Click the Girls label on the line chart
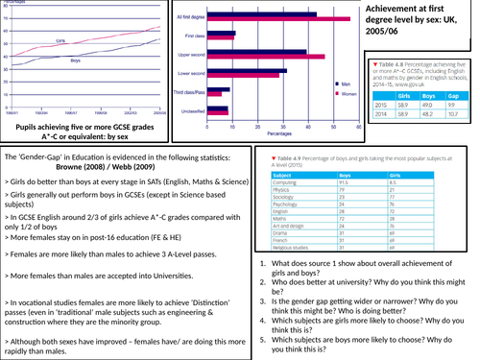pos(60,42)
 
